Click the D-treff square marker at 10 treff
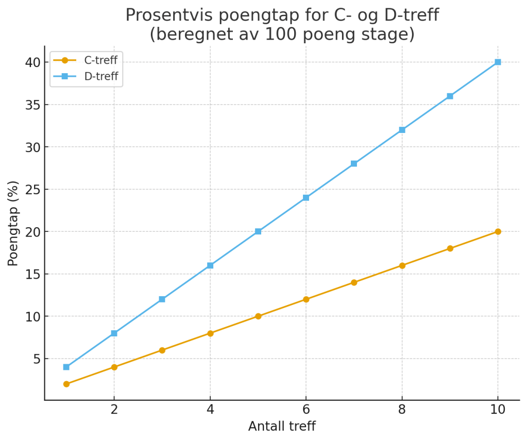click(x=498, y=62)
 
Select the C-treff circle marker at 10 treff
click(x=498, y=232)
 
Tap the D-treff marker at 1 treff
click(x=66, y=367)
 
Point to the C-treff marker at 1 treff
click(x=66, y=384)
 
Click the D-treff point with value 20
click(x=258, y=232)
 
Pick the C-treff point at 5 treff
click(x=258, y=316)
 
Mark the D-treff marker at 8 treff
click(x=402, y=130)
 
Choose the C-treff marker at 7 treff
click(x=354, y=282)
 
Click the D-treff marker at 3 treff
click(x=162, y=299)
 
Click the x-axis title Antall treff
click(x=282, y=427)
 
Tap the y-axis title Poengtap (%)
click(x=13, y=223)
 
